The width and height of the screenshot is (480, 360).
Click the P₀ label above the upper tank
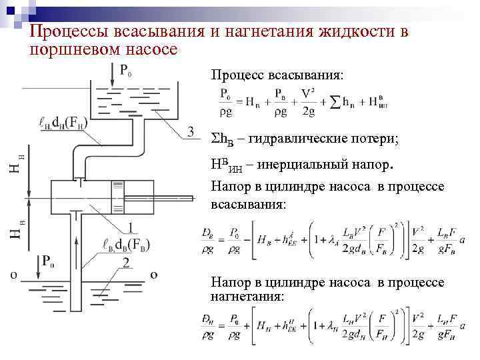click(125, 70)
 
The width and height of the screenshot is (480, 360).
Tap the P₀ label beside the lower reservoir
click(48, 261)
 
